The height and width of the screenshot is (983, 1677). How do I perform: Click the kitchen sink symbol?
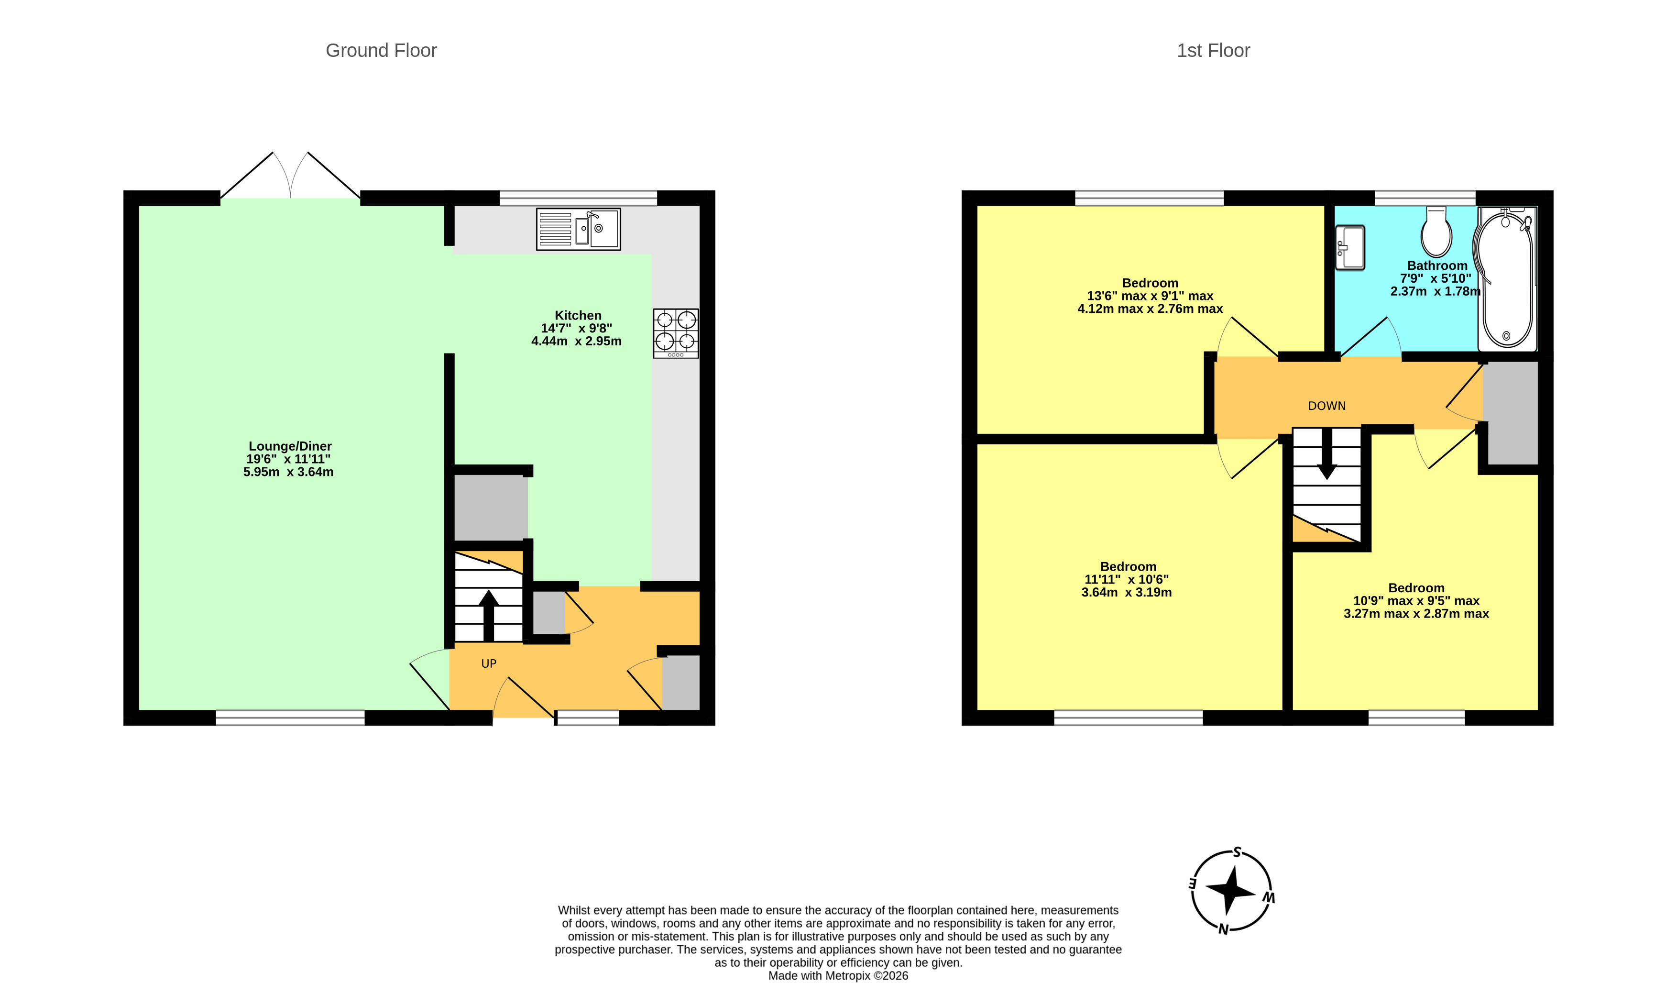[x=578, y=229]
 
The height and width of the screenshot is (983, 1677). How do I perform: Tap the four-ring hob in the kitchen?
[x=676, y=333]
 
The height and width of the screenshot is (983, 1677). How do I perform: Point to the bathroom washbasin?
[x=1349, y=248]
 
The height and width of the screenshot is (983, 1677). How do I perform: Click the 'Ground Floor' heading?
[x=381, y=51]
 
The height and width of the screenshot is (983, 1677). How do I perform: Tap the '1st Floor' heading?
[x=1213, y=51]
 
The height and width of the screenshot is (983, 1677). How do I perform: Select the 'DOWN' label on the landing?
[x=1327, y=406]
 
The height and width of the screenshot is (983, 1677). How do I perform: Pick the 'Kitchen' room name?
[x=578, y=315]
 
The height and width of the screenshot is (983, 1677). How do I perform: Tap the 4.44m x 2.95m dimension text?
[x=576, y=341]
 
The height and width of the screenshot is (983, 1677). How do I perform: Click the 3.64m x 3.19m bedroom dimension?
[x=1127, y=592]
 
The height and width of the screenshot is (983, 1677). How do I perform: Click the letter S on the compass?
[x=1237, y=852]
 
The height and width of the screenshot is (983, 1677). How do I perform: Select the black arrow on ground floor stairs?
[x=488, y=616]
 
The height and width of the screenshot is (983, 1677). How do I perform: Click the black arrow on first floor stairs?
[x=1327, y=453]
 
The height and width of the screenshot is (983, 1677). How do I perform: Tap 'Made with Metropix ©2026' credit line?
[x=838, y=976]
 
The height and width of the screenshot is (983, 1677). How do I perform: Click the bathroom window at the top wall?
[x=1425, y=198]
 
